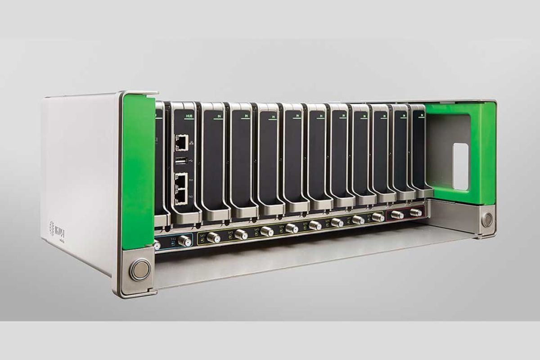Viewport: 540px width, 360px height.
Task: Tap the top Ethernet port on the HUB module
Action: [181, 143]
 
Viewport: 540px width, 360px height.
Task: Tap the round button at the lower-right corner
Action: [487, 220]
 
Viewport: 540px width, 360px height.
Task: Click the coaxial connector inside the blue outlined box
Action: [183, 241]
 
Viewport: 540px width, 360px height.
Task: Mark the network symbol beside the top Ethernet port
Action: [193, 142]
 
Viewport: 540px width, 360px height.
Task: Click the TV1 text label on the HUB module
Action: [191, 180]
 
